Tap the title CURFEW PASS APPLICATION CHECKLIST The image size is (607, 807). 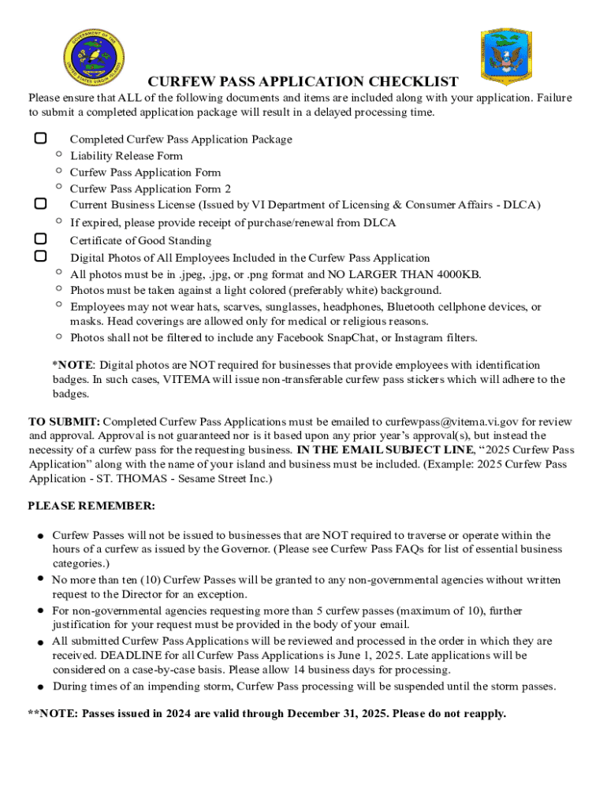[303, 82]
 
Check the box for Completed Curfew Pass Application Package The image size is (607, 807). [40, 139]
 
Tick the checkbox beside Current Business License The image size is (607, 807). [40, 204]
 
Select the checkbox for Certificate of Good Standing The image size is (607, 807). [40, 239]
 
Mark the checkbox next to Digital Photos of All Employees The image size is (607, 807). [40, 256]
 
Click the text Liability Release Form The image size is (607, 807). [126, 156]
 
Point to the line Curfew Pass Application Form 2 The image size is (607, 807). [150, 189]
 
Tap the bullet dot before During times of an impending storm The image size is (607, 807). [39, 686]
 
